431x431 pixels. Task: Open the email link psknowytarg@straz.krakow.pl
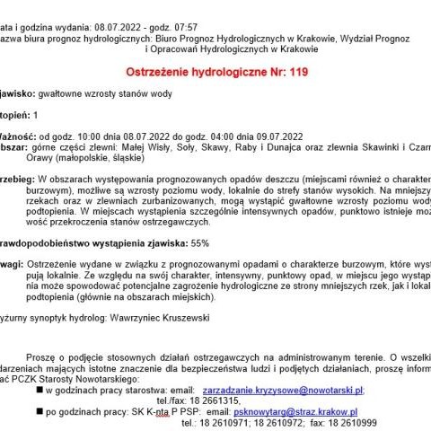point(300,410)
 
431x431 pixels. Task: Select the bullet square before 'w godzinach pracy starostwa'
point(44,391)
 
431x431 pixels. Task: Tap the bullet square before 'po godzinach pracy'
point(44,411)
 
